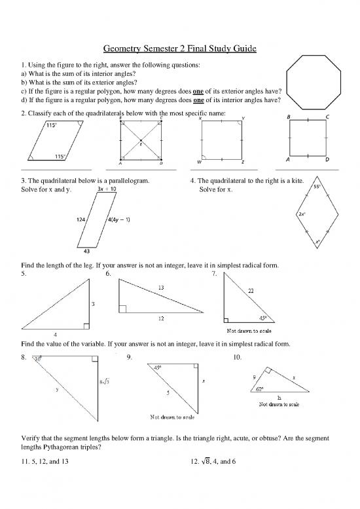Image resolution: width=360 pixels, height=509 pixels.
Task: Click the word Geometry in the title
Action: tap(127, 49)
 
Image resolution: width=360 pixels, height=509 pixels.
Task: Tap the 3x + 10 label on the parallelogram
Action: tap(107, 189)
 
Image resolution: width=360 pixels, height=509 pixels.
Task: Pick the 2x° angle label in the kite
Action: tap(303, 214)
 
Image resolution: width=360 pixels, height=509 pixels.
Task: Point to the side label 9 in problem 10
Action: tap(254, 377)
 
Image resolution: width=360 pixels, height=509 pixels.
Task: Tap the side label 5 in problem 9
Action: tap(168, 392)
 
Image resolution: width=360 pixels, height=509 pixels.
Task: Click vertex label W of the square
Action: tap(199, 162)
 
